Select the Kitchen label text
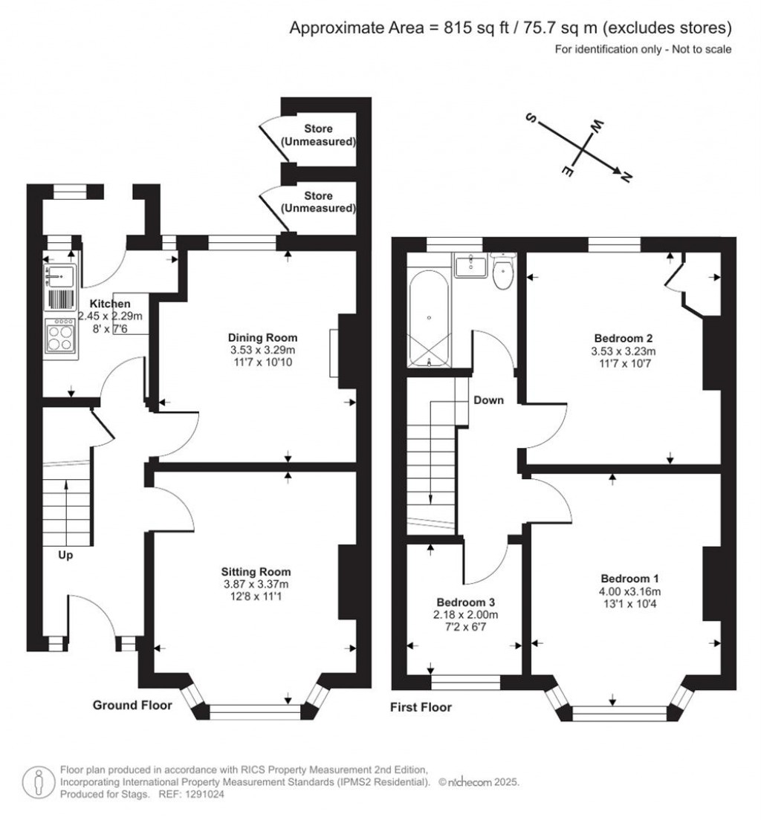click(110, 304)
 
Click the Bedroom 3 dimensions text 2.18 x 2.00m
click(466, 615)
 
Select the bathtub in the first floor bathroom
click(429, 320)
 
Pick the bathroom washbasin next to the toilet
click(470, 265)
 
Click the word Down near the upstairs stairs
click(488, 400)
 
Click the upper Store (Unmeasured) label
click(318, 134)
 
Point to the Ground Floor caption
click(132, 705)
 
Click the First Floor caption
click(421, 707)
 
